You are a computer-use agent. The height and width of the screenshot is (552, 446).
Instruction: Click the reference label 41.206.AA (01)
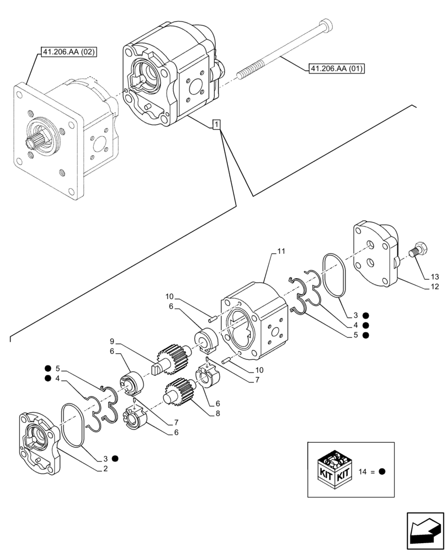[x=336, y=68]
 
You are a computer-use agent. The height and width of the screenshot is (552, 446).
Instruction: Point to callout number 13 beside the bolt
[x=435, y=276]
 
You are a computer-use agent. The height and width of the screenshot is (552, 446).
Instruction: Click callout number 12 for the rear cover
[x=435, y=287]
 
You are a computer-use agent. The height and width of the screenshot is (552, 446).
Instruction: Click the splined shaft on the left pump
[x=34, y=139]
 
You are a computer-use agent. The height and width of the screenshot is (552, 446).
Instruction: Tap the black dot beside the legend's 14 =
[x=381, y=472]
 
